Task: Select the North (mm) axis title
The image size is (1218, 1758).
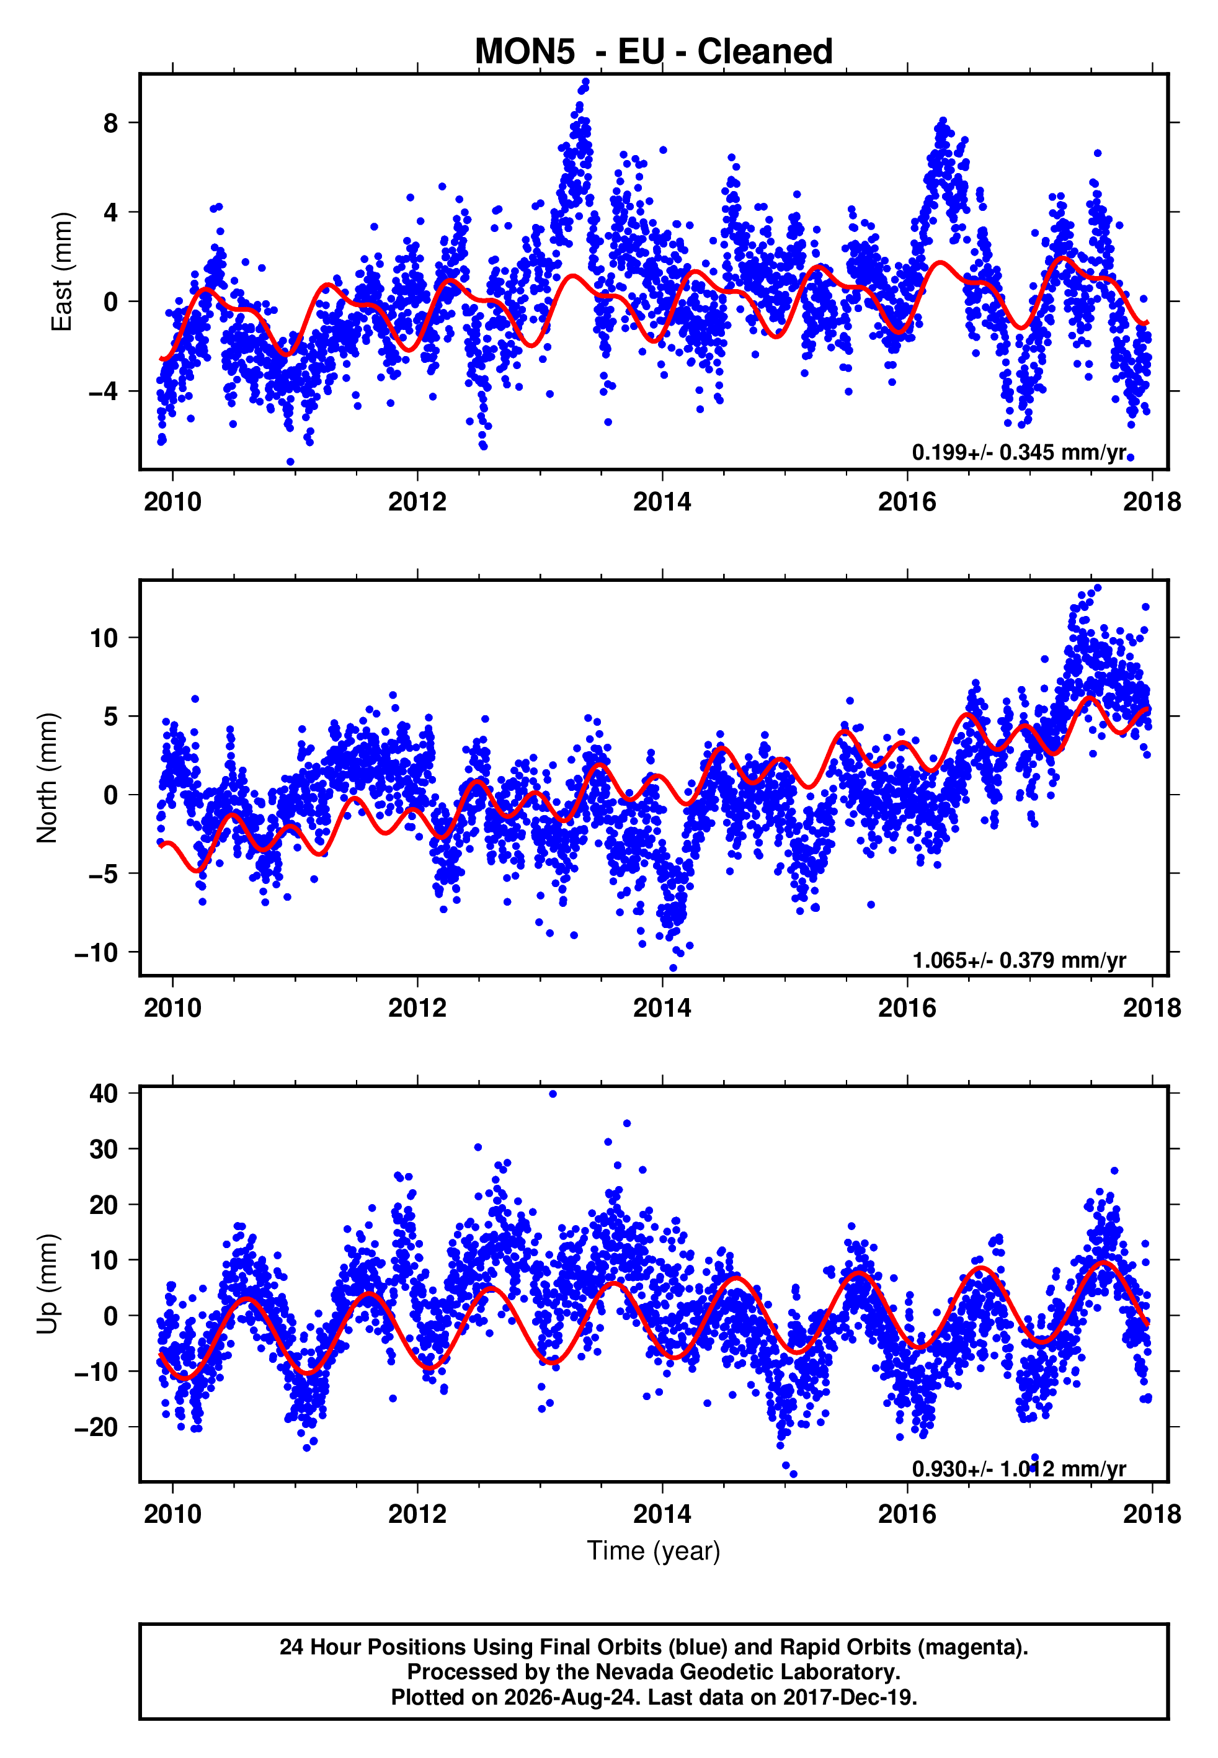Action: tap(47, 777)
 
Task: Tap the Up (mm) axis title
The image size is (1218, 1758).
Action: tap(47, 1284)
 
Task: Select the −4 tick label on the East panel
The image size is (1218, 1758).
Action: tap(103, 391)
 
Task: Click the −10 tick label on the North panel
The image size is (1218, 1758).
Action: tap(96, 953)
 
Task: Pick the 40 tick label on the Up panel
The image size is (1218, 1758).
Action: tap(104, 1094)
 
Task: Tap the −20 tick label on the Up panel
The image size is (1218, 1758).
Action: tap(96, 1427)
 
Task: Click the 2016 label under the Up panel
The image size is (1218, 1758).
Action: tap(907, 1514)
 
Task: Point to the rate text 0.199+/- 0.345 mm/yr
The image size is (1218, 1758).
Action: tap(1019, 453)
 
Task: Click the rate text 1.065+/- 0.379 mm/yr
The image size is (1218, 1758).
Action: tap(1019, 960)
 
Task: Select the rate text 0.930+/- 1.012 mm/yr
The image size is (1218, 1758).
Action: tap(1019, 1469)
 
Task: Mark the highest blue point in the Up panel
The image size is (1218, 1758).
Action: tap(553, 1094)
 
